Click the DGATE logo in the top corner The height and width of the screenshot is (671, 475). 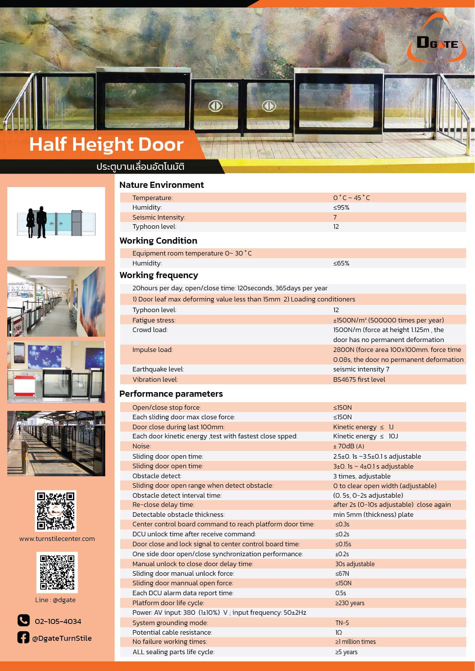(x=437, y=43)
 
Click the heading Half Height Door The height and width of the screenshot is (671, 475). (x=106, y=145)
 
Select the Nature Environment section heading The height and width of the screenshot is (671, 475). (x=162, y=185)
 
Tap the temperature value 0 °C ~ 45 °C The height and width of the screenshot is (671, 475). (x=351, y=198)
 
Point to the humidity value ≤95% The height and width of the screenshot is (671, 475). (x=341, y=207)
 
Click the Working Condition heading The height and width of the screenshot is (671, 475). (x=158, y=241)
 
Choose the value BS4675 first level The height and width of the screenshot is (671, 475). (x=359, y=379)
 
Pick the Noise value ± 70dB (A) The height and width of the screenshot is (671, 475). (x=348, y=446)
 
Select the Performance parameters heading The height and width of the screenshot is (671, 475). (x=171, y=394)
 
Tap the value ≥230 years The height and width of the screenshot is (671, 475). (x=350, y=603)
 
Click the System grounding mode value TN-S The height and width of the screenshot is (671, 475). (x=342, y=623)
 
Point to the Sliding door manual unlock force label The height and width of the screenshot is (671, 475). (x=183, y=573)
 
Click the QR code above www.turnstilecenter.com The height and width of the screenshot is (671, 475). (x=55, y=511)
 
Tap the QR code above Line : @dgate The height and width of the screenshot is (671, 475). (x=57, y=572)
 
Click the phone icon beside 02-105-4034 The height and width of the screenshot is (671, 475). (x=23, y=620)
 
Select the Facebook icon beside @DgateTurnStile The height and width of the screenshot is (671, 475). (x=23, y=637)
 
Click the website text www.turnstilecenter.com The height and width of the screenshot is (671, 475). (x=57, y=539)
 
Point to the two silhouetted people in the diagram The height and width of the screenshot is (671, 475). (x=36, y=222)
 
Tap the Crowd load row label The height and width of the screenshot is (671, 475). (x=150, y=330)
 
